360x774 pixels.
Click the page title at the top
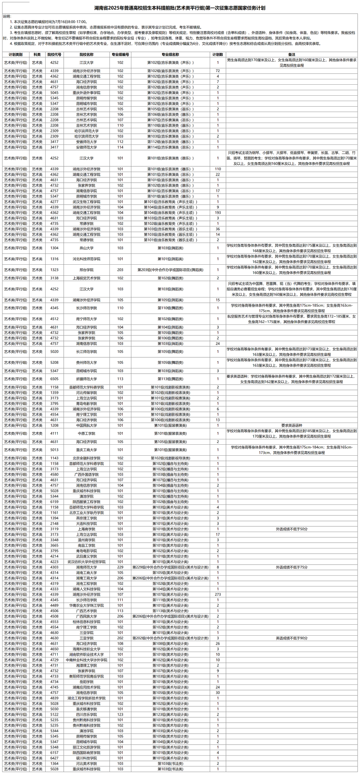click(180, 8)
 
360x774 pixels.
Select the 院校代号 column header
click(54, 55)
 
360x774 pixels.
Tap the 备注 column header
click(292, 55)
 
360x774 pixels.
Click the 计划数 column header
click(218, 55)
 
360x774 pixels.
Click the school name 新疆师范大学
click(86, 379)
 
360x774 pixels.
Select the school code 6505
click(54, 379)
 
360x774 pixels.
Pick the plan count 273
click(218, 594)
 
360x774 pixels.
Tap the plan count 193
click(218, 213)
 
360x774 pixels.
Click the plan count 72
click(218, 71)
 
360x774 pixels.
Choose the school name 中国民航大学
click(86, 425)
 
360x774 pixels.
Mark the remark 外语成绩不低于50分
click(292, 529)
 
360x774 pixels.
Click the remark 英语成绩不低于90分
click(292, 638)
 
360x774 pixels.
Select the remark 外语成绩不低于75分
click(292, 567)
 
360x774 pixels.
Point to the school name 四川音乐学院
click(86, 714)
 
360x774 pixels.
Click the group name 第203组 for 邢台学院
click(170, 270)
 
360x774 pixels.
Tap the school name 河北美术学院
click(86, 763)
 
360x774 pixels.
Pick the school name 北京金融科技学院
click(86, 458)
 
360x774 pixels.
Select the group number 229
click(120, 567)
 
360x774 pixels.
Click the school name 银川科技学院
click(86, 758)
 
